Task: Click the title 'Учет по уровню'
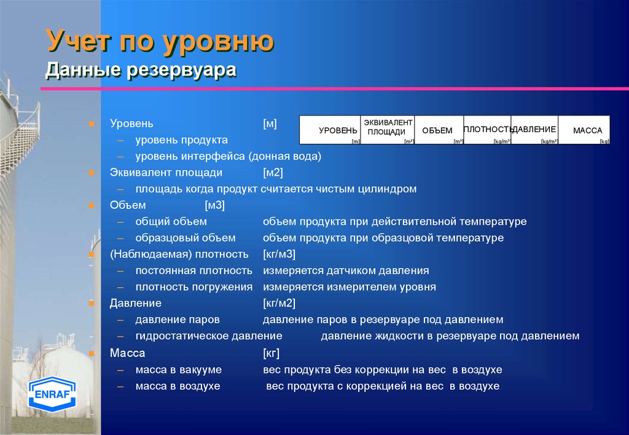click(x=160, y=42)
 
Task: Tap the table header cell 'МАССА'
click(x=587, y=131)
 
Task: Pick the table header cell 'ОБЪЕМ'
click(x=437, y=131)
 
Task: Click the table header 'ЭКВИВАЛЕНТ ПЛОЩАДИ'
click(x=387, y=128)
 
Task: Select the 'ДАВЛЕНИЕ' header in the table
click(x=535, y=130)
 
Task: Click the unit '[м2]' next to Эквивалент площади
click(x=273, y=173)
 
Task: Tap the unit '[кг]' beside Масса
click(x=271, y=353)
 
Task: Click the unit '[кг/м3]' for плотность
click(x=279, y=254)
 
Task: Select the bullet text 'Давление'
click(x=136, y=304)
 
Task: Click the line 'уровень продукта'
click(x=182, y=140)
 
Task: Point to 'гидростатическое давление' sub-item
click(x=209, y=336)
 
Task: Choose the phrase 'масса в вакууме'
click(x=179, y=370)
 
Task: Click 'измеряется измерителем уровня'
click(x=350, y=287)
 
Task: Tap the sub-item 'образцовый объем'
click(x=186, y=238)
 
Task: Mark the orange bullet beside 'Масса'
click(x=90, y=354)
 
